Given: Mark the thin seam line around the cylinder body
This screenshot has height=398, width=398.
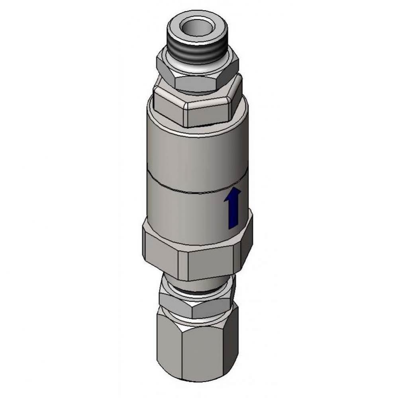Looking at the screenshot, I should pyautogui.click(x=187, y=191).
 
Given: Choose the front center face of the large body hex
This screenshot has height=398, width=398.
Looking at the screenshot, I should pyautogui.click(x=209, y=265).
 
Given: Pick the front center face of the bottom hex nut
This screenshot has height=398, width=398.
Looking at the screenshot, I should pyautogui.click(x=199, y=350).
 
